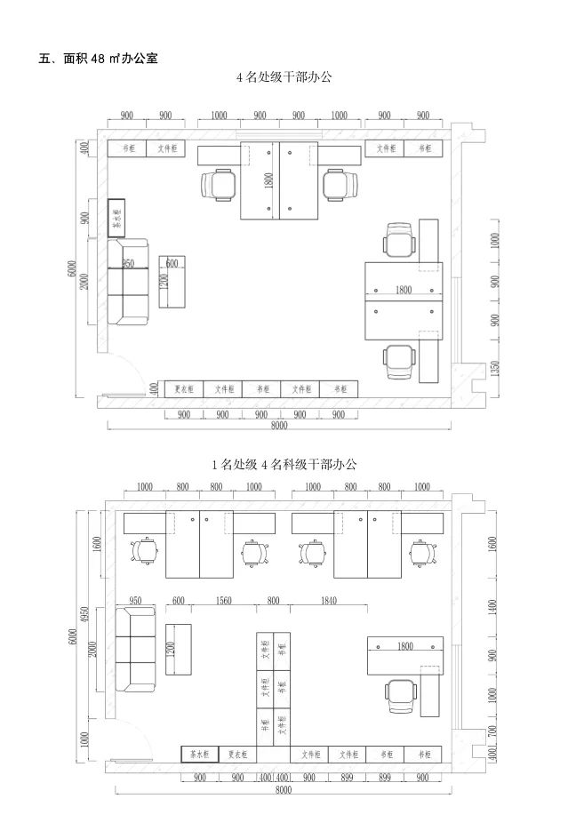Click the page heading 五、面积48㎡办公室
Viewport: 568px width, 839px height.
[x=99, y=59]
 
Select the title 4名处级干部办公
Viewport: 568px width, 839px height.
[x=284, y=77]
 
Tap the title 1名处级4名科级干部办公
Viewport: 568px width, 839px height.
[x=284, y=464]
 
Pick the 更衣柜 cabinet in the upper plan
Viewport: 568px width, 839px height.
[x=184, y=389]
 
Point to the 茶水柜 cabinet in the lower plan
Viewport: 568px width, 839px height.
[x=200, y=754]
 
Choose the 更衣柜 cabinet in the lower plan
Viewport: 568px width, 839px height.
[x=236, y=754]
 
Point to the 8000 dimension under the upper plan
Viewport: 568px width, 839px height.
[x=279, y=426]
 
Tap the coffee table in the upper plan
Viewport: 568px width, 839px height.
[x=172, y=282]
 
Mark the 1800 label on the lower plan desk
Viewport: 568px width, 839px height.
[x=404, y=645]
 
